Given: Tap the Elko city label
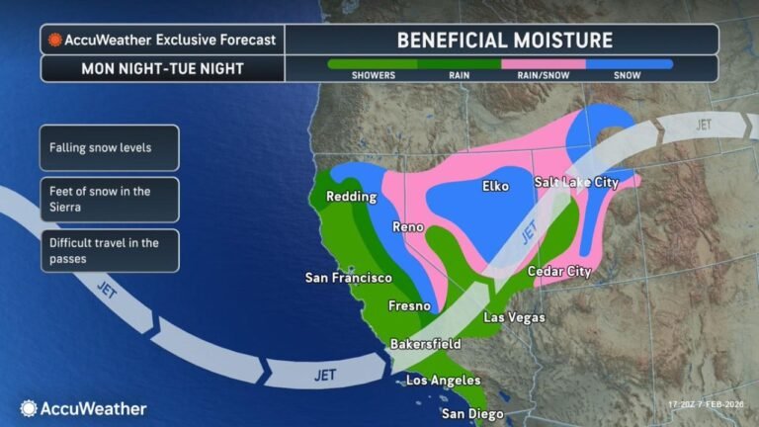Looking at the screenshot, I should tap(495, 186).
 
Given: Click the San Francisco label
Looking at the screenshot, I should tap(348, 278).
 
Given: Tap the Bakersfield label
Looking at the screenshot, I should tap(425, 344).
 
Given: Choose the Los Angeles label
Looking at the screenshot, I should tap(444, 380).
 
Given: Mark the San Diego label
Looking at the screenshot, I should tap(472, 413).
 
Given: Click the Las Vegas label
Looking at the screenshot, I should tap(513, 317).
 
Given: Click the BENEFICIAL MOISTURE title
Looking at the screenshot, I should tap(504, 41).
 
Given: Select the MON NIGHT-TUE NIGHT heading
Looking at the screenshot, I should tap(162, 69).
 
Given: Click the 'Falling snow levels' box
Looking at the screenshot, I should tap(110, 148).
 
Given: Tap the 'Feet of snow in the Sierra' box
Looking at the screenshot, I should tap(110, 200).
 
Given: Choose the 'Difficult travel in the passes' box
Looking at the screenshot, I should tap(110, 251).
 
